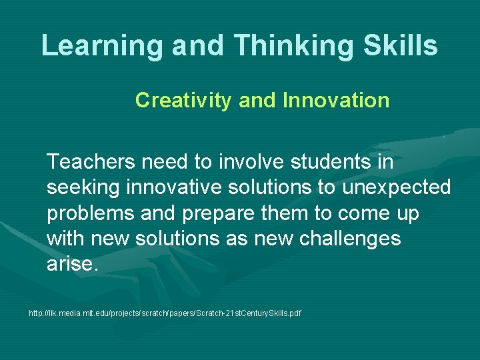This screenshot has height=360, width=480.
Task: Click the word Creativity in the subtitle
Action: tap(184, 101)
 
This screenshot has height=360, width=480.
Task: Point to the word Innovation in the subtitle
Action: tap(336, 101)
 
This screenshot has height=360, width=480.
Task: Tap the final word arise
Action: tap(72, 264)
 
